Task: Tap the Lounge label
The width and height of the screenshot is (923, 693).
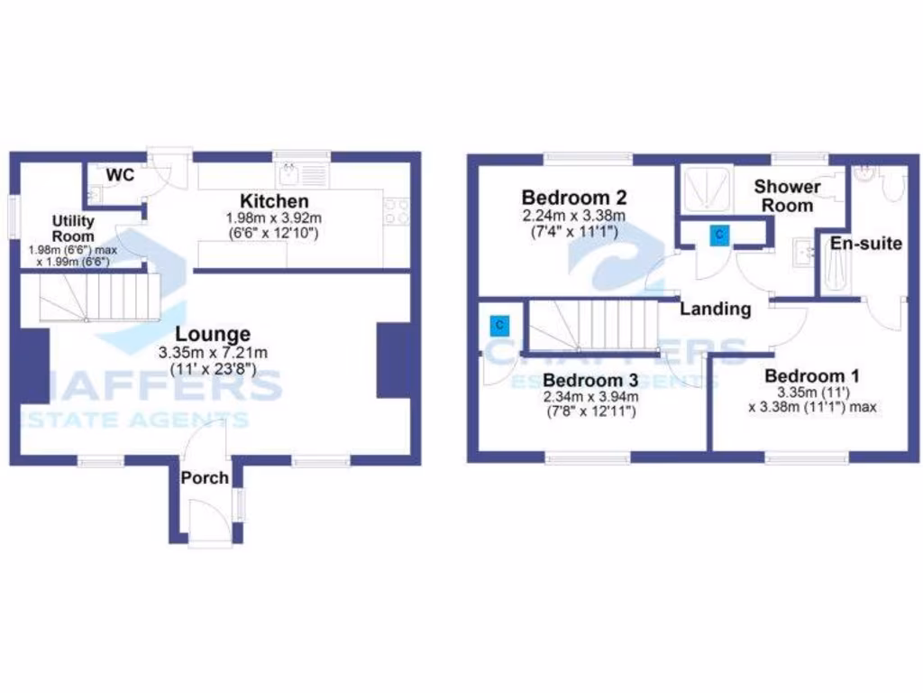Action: pos(213,334)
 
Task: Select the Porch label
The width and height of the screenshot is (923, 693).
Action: pos(206,477)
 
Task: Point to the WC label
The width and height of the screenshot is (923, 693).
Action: pos(121,174)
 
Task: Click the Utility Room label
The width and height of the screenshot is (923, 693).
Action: pos(73,228)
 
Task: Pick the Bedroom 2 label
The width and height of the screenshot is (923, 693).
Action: pos(574,197)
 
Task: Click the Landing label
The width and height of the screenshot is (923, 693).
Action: pos(715,309)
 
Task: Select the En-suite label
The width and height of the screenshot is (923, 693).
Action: pos(866,243)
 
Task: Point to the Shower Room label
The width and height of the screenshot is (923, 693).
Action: pos(787,196)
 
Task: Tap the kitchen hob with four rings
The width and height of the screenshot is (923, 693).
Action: pos(398,211)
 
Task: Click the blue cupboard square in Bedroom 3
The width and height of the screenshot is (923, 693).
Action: pos(498,325)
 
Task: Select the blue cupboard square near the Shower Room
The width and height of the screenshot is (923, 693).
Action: pos(718,236)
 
